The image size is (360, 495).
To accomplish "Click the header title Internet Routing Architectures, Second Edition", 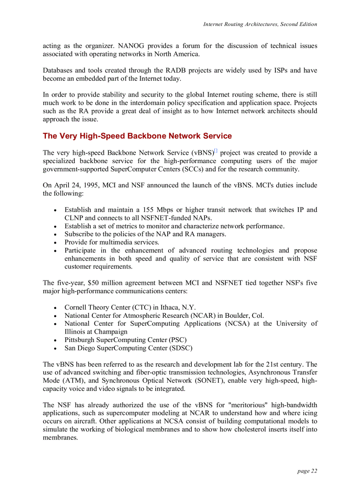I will [x=259, y=24].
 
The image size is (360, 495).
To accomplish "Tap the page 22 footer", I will [x=307, y=471].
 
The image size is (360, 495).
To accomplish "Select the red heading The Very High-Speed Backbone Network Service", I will [x=137, y=136].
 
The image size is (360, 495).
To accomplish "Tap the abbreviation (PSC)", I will [x=177, y=340].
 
